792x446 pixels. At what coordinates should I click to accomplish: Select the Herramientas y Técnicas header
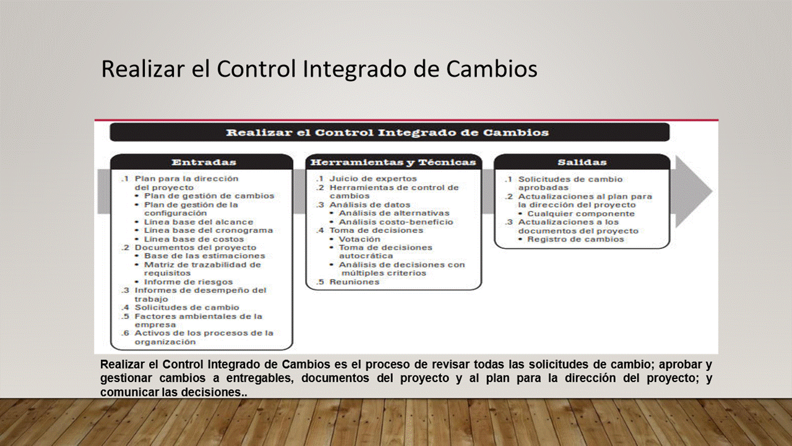click(394, 162)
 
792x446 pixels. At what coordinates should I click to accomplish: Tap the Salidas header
click(582, 162)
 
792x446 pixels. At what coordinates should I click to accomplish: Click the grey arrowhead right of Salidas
click(694, 191)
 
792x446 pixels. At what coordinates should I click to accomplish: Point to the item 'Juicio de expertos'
click(373, 179)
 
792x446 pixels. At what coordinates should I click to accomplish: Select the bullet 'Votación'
click(359, 239)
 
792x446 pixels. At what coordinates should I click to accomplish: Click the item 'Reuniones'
click(355, 282)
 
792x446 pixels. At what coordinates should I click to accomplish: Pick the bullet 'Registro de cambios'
click(575, 239)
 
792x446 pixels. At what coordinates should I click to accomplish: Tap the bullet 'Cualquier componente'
click(581, 214)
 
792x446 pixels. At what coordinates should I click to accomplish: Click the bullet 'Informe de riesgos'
click(189, 282)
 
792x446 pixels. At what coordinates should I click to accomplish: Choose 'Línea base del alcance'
click(199, 222)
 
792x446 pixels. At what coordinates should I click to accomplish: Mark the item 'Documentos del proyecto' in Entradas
click(196, 248)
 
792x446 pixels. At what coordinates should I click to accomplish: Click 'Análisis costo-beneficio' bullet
click(396, 222)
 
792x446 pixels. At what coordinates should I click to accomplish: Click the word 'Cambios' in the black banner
click(516, 133)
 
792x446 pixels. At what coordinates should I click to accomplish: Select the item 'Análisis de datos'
click(370, 205)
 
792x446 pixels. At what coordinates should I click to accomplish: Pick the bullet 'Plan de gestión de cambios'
click(209, 196)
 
